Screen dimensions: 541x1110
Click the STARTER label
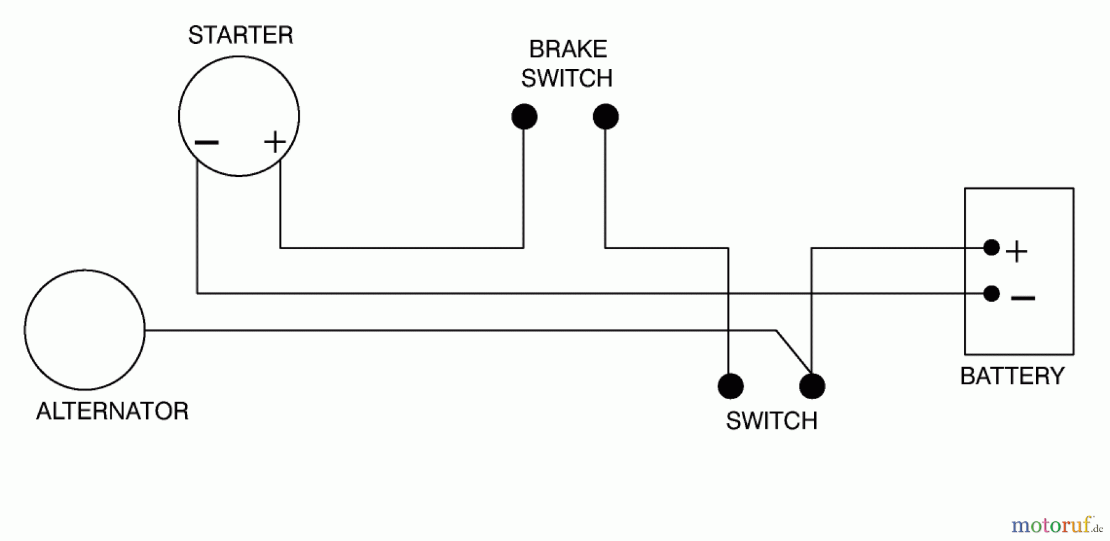pyautogui.click(x=240, y=35)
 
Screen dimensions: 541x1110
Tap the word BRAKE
pyautogui.click(x=568, y=49)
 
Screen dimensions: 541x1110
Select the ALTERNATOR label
pyautogui.click(x=112, y=411)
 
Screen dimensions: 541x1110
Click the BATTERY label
pyautogui.click(x=1012, y=376)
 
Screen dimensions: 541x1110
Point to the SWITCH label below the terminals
pyautogui.click(x=771, y=421)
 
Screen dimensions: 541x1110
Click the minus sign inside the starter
pyautogui.click(x=206, y=143)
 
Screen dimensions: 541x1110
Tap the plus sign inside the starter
pyautogui.click(x=274, y=142)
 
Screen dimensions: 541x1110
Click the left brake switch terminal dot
pyautogui.click(x=524, y=117)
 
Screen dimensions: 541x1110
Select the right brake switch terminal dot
pyautogui.click(x=606, y=117)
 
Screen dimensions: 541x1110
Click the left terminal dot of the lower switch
pyautogui.click(x=731, y=386)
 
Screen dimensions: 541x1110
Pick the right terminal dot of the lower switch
pyautogui.click(x=812, y=386)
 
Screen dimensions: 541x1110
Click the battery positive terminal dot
pyautogui.click(x=992, y=247)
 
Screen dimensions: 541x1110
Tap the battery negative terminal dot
pyautogui.click(x=992, y=293)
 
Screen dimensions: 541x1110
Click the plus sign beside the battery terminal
pyautogui.click(x=1016, y=252)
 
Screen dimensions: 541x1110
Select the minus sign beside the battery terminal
pyautogui.click(x=1022, y=299)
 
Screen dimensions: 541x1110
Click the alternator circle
pyautogui.click(x=84, y=330)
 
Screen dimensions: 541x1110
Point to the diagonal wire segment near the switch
pyautogui.click(x=793, y=352)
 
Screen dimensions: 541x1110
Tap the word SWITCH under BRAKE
pyautogui.click(x=567, y=78)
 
